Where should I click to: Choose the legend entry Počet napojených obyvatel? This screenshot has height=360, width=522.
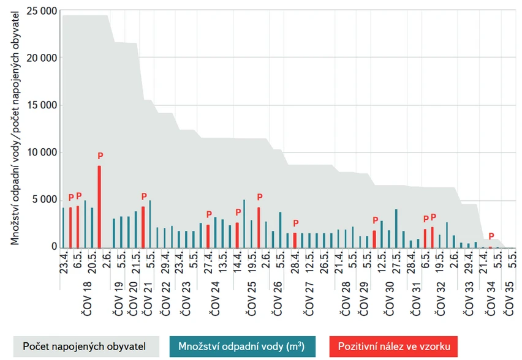pyautogui.click(x=84, y=347)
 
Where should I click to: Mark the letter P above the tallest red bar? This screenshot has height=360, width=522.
pyautogui.click(x=100, y=156)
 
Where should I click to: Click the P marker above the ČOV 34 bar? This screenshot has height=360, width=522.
pyautogui.click(x=491, y=236)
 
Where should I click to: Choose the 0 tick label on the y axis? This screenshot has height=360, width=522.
pyautogui.click(x=54, y=247)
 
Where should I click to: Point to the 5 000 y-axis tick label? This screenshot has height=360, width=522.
pyautogui.click(x=44, y=200)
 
